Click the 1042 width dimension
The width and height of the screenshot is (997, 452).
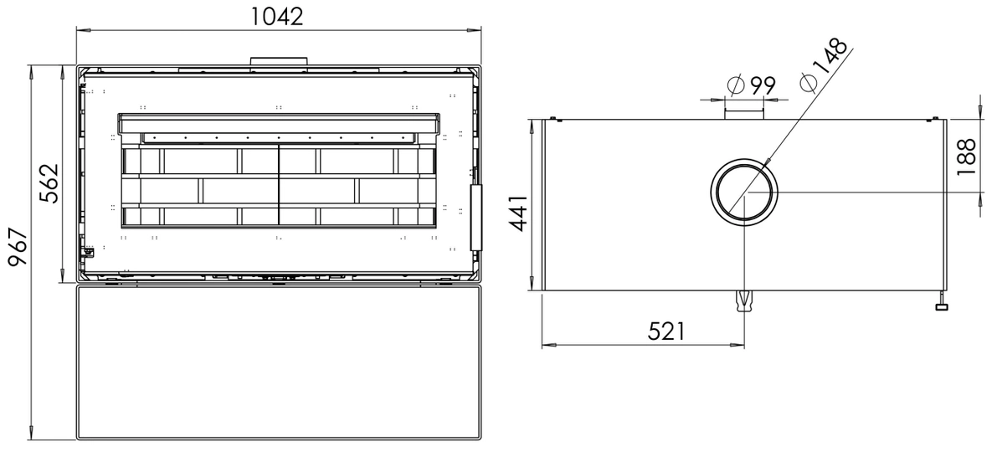point(277,16)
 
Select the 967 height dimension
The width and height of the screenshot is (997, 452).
point(18,249)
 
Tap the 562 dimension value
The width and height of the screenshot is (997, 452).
point(49,183)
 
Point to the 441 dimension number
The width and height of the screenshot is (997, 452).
point(518,213)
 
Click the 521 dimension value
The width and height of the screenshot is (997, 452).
point(666,331)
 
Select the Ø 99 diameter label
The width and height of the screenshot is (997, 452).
point(751,85)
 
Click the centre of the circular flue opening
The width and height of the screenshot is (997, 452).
point(744,192)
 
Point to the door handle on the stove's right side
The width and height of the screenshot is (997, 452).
point(476,217)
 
